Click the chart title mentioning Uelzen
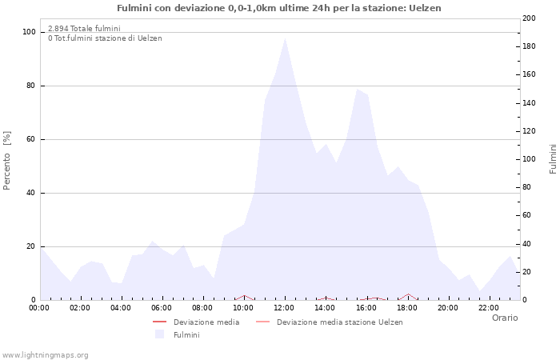click(278, 8)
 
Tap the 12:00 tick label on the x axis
click(284, 307)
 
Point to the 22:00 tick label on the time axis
click(488, 307)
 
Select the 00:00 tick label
click(39, 307)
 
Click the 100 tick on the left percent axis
click(29, 32)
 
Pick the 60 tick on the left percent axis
click(30, 139)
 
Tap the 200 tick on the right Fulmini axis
click(529, 18)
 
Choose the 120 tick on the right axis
click(529, 131)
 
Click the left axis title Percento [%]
click(7, 161)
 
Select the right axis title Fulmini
click(553, 159)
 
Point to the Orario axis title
click(504, 318)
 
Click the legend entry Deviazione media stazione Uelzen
click(339, 322)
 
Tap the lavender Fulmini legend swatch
click(159, 334)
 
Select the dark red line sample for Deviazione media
click(159, 322)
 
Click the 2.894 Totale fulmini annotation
click(84, 28)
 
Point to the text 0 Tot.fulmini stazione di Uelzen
click(104, 38)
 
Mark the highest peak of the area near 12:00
click(285, 38)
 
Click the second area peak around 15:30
click(357, 90)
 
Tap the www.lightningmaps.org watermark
click(46, 354)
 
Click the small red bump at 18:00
click(408, 294)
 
